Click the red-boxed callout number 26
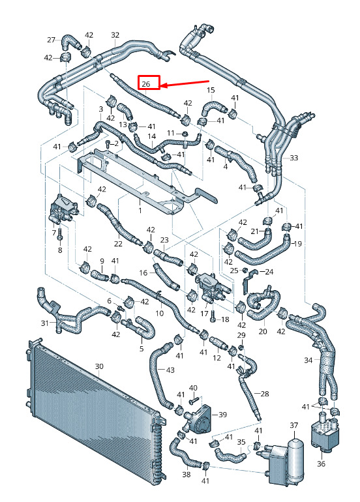[x=145, y=84]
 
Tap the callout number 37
[x=293, y=425]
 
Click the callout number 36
[x=321, y=463]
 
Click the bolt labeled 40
[x=195, y=400]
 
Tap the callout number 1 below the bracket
[x=140, y=211]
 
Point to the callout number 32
[x=115, y=35]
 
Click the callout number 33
[x=293, y=158]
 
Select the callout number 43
[x=170, y=370]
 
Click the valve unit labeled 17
[x=212, y=287]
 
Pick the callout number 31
[x=44, y=323]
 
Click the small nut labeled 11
[x=185, y=133]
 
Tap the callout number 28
[x=264, y=394]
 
